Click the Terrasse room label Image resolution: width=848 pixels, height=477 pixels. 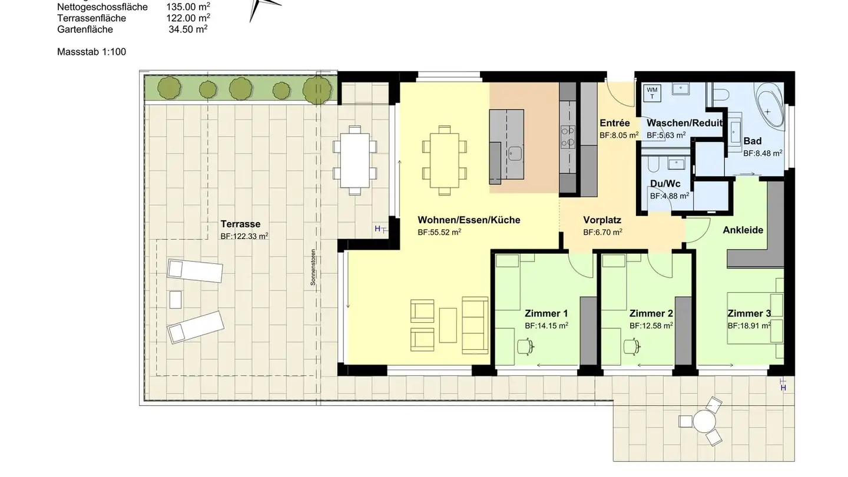coord(240,224)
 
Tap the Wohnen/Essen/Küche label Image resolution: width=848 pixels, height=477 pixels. coord(469,220)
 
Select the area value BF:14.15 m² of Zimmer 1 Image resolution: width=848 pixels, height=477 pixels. coord(546,325)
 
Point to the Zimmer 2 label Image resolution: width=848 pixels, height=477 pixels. coord(651,313)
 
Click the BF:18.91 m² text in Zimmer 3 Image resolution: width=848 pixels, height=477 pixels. coord(749,325)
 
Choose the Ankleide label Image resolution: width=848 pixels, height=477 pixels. coord(743,230)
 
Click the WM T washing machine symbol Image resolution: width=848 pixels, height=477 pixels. coord(652,93)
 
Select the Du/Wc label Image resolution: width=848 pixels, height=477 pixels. coord(665,184)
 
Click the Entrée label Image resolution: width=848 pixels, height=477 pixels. coord(614,123)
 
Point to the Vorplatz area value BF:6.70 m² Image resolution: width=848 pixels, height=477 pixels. coord(602,233)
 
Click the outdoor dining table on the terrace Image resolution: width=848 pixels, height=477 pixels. coord(355,160)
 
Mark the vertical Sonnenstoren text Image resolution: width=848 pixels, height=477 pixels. coord(313,268)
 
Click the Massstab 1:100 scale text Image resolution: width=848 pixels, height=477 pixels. coord(91,52)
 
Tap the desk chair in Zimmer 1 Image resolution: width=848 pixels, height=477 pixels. coord(524,347)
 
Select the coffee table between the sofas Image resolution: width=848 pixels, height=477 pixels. coord(448,325)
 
